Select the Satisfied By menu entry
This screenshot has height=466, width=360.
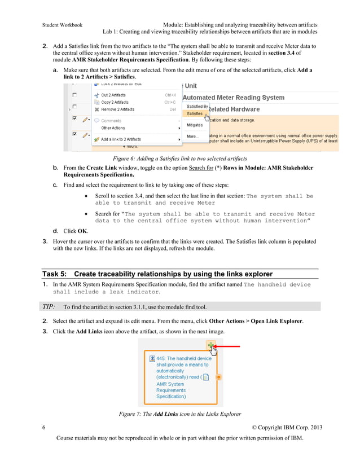[197, 106]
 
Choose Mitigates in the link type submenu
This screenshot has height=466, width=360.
[194, 125]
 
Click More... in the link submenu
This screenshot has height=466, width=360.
[192, 136]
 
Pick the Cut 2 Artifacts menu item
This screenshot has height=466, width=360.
[113, 95]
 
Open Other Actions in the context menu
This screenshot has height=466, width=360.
[113, 128]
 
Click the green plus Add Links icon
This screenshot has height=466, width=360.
[211, 345]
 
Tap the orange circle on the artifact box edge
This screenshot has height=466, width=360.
[218, 377]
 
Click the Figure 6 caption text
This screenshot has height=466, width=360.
[180, 159]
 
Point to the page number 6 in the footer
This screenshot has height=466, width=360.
[44, 427]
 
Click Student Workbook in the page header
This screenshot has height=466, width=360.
[63, 25]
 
